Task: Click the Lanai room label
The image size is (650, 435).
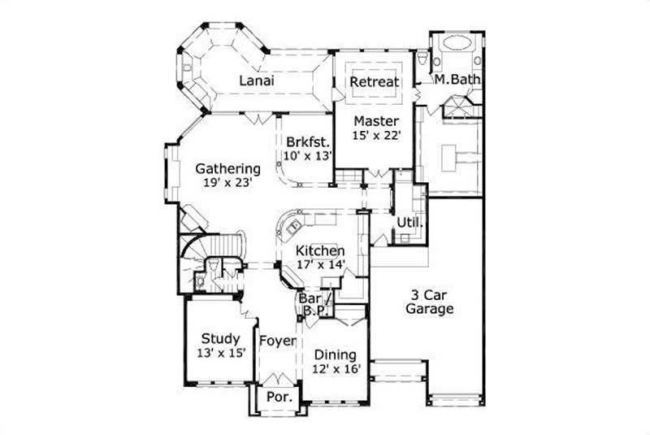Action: pos(256,81)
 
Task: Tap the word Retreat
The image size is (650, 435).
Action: pos(374,81)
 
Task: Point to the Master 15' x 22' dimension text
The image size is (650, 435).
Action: pos(376,136)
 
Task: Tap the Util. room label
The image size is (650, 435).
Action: pos(408,222)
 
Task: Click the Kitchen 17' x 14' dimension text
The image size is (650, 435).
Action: pos(320,264)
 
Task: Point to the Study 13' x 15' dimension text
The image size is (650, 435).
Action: pos(219,353)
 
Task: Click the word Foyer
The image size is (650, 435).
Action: pos(277,340)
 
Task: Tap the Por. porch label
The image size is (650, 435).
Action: pos(279,398)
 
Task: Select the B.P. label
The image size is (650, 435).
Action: pos(313,310)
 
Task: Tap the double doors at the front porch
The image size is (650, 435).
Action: pos(279,378)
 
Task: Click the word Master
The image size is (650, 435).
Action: pos(375,122)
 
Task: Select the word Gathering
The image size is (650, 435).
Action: pos(227,169)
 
